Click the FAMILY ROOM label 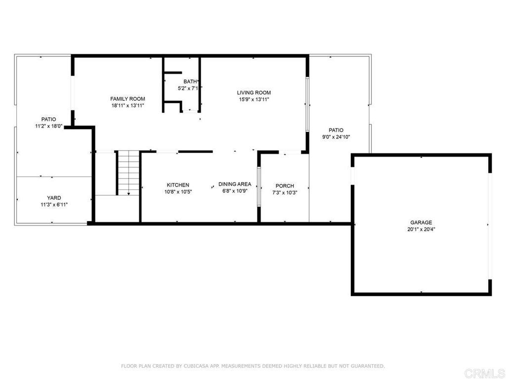coord(127,99)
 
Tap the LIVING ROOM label coord(254,93)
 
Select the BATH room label coord(190,81)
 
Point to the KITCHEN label coord(178,185)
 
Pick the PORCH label coord(285,186)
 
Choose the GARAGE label coord(421,223)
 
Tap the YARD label coord(54,198)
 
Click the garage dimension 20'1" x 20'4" coord(421,229)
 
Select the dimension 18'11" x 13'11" coord(128,106)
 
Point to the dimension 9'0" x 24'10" coord(336,137)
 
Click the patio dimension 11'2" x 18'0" coord(49,126)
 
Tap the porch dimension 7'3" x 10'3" coord(285,193)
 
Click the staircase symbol coord(128,173)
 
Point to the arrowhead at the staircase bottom coord(128,194)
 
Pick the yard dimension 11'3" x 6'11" coord(54,205)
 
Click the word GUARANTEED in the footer coord(368,366)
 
